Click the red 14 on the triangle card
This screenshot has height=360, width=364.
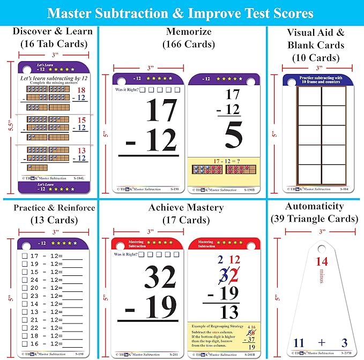pos(321,262)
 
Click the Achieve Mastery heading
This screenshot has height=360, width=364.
pos(184,207)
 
